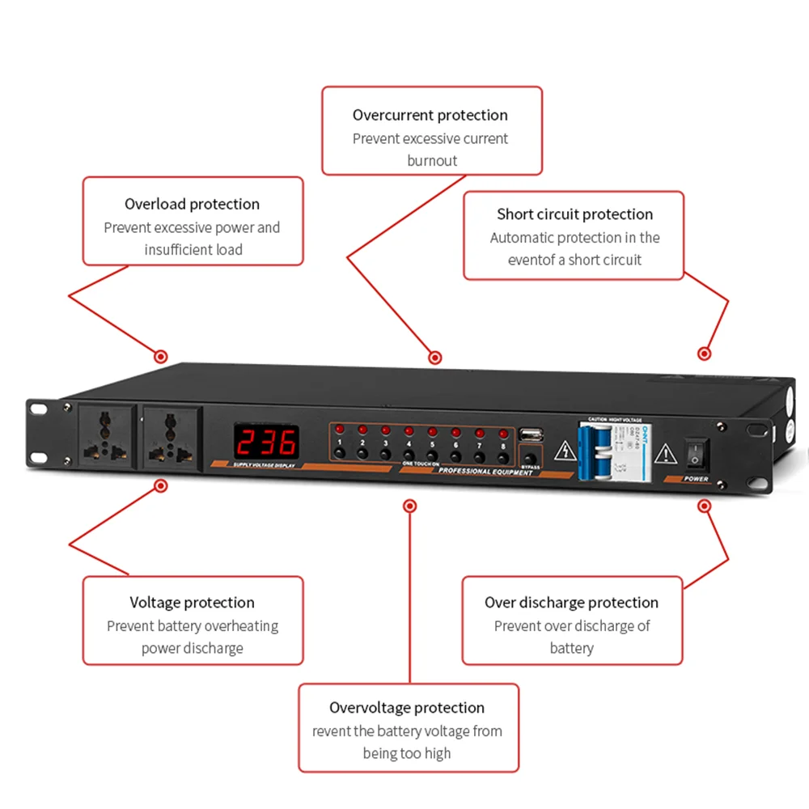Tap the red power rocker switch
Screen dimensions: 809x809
point(694,453)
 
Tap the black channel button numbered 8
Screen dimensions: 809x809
point(503,457)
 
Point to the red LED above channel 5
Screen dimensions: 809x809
point(432,431)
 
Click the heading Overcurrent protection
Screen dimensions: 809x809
point(430,115)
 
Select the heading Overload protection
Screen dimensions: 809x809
point(192,204)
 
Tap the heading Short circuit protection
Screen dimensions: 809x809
point(574,214)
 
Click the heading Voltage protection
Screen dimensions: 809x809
point(192,603)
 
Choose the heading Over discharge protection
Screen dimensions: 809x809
point(571,603)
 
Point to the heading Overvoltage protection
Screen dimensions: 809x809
point(407,708)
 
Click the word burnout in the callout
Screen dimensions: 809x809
point(432,160)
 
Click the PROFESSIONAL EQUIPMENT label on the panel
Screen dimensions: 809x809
point(485,472)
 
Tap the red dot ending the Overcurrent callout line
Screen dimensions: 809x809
point(434,358)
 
